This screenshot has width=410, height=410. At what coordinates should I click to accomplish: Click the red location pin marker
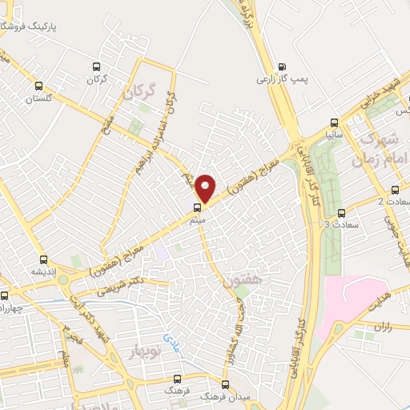[x=207, y=187]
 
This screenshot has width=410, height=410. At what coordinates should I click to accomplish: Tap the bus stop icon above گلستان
[x=38, y=86]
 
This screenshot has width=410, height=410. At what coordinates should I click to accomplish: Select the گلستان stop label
[x=38, y=98]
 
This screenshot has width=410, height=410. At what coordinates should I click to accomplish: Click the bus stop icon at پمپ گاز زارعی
[x=281, y=67]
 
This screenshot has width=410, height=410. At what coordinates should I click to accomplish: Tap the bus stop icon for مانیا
[x=334, y=123]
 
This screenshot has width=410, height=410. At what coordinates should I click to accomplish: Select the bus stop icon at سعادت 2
[x=396, y=190]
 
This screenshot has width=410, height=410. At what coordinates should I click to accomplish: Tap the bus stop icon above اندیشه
[x=43, y=259]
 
